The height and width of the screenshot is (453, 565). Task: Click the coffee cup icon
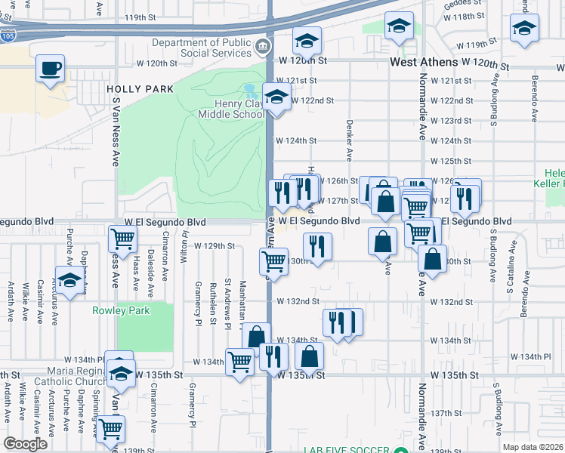point(51,69)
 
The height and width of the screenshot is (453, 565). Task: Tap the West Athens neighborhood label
point(423,62)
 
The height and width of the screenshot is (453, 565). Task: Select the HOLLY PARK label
point(140,89)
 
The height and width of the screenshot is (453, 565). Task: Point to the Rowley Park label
point(121,310)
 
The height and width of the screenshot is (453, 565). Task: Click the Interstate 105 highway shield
point(7,35)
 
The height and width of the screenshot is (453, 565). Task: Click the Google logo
point(26,443)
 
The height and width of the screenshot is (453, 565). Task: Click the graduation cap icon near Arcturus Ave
point(69,280)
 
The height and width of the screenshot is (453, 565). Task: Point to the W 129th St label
point(215,246)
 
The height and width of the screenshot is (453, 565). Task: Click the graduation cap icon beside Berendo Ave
point(523,29)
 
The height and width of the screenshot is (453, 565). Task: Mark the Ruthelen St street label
point(214,295)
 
